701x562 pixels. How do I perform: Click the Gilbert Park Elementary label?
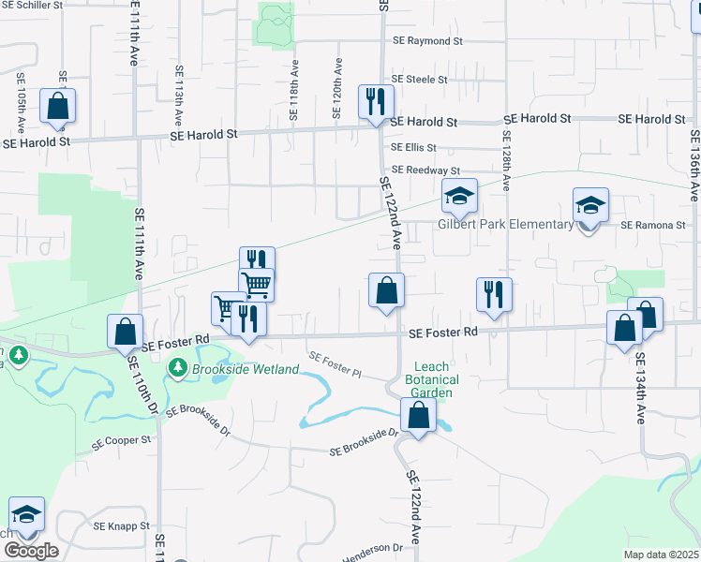506,224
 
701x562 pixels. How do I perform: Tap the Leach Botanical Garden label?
432,379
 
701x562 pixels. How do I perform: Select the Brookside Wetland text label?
245,369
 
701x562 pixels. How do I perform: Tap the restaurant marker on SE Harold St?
376,101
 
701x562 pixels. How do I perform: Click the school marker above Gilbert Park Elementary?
459,197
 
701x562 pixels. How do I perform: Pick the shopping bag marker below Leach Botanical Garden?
418,415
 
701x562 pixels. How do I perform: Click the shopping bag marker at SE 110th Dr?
125,332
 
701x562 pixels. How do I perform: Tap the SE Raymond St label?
428,41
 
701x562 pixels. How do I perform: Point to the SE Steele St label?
420,80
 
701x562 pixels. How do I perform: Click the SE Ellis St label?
414,147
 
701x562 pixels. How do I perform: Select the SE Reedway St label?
426,170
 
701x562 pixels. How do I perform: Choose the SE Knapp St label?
121,526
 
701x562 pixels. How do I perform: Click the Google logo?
31,551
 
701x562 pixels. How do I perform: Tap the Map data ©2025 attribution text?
661,555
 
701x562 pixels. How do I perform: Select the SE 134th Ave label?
640,388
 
